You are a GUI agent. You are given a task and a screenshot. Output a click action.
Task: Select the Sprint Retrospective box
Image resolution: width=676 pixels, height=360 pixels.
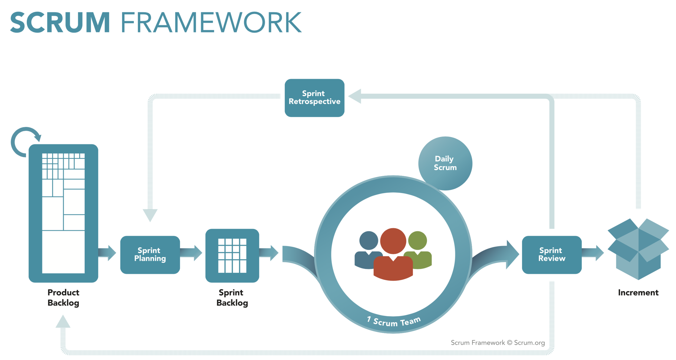tap(314, 98)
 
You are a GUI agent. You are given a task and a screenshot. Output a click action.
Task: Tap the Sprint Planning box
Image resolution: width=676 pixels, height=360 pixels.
tap(150, 255)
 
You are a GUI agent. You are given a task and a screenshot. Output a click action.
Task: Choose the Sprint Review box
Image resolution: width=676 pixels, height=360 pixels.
tap(551, 255)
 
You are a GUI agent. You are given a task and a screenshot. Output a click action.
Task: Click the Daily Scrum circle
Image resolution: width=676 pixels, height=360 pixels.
tap(445, 163)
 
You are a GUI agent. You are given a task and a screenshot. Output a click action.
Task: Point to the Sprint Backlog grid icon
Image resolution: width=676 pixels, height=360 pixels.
tap(232, 255)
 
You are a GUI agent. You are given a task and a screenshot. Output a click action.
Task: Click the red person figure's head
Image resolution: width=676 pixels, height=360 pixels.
tap(393, 241)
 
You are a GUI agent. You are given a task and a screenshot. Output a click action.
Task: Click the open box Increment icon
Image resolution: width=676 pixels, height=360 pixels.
tap(638, 249)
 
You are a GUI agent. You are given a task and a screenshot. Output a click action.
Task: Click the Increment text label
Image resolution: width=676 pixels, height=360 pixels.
tap(638, 293)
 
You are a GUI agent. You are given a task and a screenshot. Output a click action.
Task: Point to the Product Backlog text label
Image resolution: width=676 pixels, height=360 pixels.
tap(63, 298)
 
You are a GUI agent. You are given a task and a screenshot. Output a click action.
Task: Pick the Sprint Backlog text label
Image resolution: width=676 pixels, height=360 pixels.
tap(232, 298)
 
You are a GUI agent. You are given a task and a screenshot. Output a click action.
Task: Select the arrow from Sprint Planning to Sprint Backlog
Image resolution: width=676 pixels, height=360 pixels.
tap(191, 253)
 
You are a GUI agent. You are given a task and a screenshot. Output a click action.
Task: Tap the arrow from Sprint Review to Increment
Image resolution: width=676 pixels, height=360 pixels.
tap(592, 253)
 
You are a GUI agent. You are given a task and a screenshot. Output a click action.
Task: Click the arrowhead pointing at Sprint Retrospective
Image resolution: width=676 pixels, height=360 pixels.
tap(355, 96)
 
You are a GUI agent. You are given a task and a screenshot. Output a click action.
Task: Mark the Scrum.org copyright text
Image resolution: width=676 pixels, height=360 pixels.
tap(498, 343)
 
